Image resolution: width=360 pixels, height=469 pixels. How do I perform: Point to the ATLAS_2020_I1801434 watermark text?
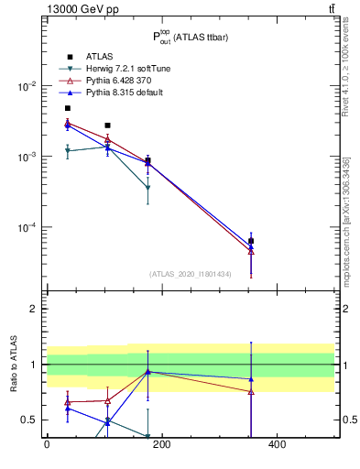coord(190,274)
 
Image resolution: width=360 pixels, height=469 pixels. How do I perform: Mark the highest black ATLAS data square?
coord(67,108)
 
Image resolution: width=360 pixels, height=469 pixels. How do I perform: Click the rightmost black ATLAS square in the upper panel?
coord(251,241)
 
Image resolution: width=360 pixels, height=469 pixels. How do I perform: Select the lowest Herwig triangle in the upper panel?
coord(147,188)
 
